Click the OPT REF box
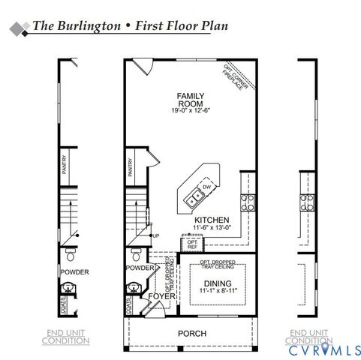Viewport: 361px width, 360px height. [x=192, y=244]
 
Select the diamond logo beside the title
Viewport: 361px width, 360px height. [x=17, y=28]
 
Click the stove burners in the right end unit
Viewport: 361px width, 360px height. [x=308, y=200]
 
